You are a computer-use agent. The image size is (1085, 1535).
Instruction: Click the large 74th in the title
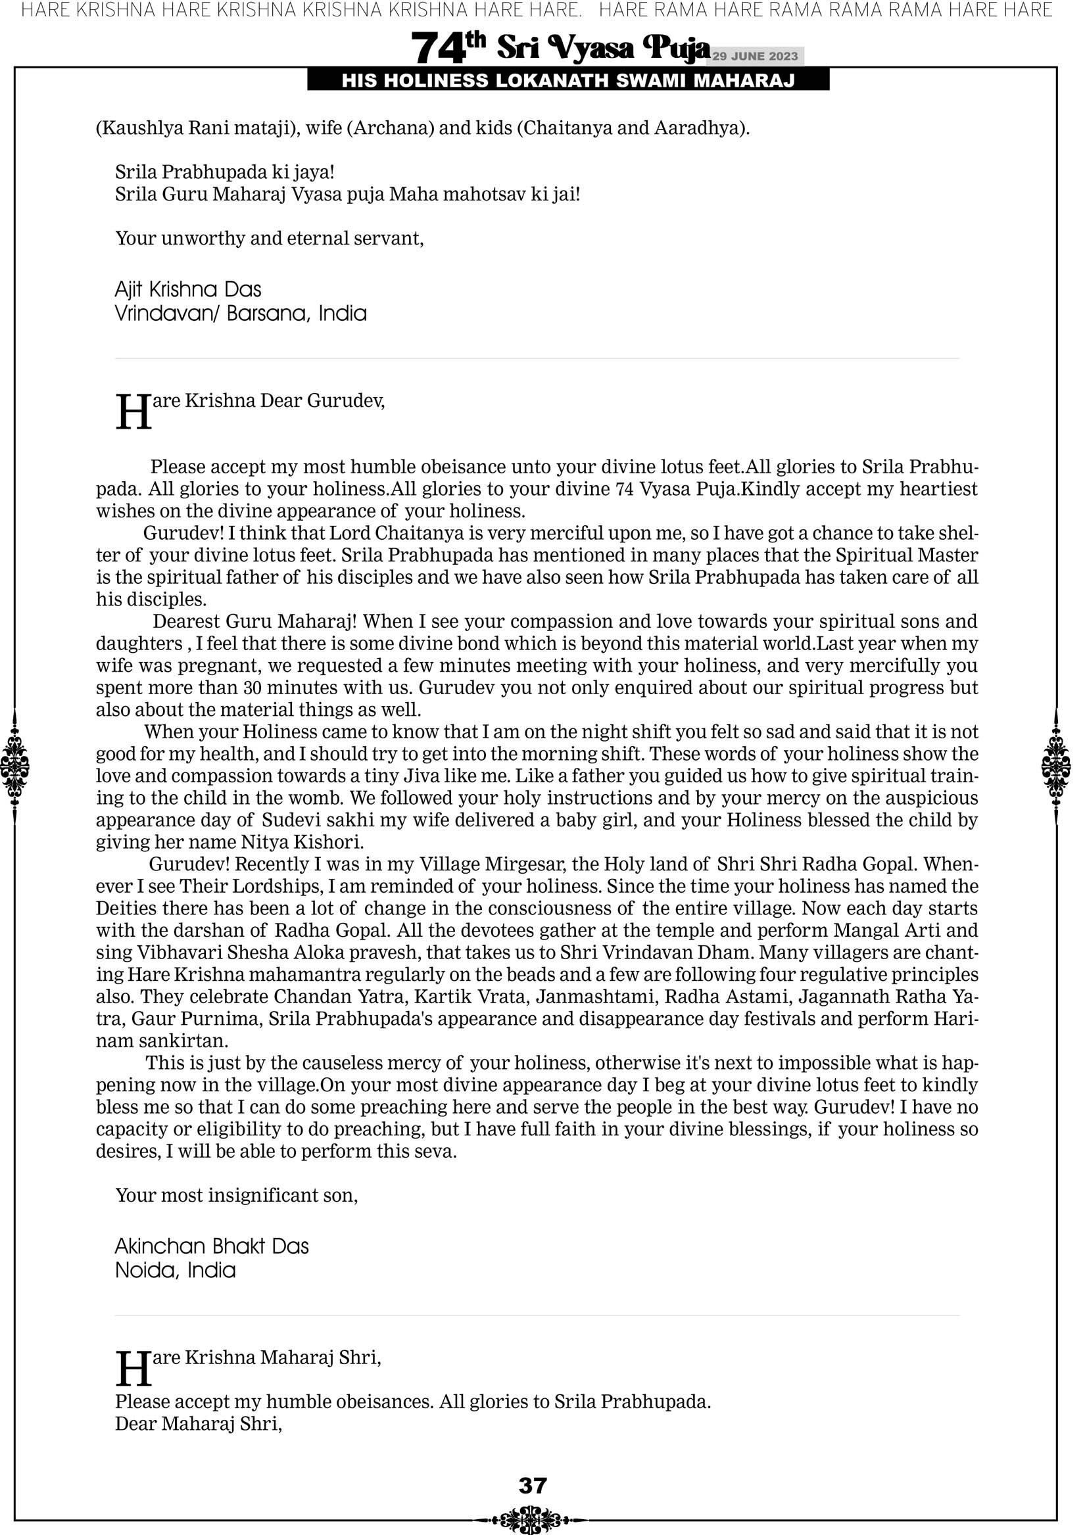pos(447,47)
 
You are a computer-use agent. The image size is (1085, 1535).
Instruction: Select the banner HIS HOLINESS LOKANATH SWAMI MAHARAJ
pos(568,81)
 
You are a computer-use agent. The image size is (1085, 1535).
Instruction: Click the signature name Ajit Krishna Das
pos(188,289)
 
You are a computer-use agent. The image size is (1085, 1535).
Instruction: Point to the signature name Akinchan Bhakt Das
pos(211,1246)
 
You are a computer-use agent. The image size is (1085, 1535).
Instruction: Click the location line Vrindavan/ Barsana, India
pos(241,314)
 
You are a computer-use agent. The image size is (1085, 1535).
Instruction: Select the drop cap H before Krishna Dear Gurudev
pos(133,412)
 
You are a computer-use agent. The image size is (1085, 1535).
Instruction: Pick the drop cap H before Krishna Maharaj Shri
pos(133,1369)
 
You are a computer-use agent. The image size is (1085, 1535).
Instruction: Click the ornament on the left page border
pos(14,766)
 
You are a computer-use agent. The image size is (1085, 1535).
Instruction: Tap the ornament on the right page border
pos(1056,766)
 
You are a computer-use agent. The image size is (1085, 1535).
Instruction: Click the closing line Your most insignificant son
pos(236,1195)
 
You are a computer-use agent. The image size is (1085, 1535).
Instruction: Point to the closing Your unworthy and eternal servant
pos(270,238)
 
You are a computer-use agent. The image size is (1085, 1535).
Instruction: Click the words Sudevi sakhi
pos(308,820)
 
